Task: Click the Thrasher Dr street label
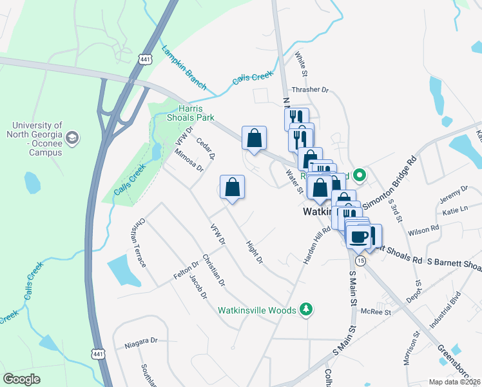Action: tap(310, 90)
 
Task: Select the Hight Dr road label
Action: tap(255, 252)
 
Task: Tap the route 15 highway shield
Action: tap(360, 259)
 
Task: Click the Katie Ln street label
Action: tap(455, 210)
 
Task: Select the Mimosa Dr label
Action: tap(188, 160)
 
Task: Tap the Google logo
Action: tap(22, 379)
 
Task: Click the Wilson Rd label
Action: tap(423, 228)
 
